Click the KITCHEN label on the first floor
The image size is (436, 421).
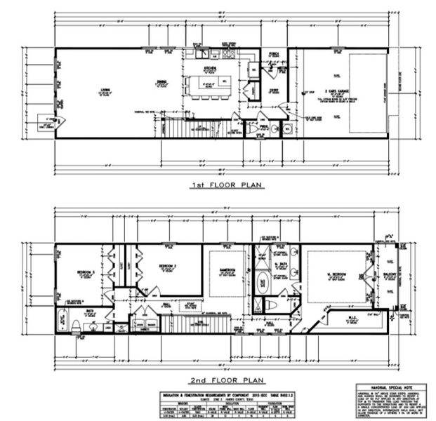pos(210,69)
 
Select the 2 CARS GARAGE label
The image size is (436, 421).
pos(329,91)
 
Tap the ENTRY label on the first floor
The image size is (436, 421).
pos(273,90)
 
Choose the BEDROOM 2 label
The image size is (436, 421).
pos(166,267)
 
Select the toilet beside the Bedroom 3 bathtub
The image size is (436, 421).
pos(77,325)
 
